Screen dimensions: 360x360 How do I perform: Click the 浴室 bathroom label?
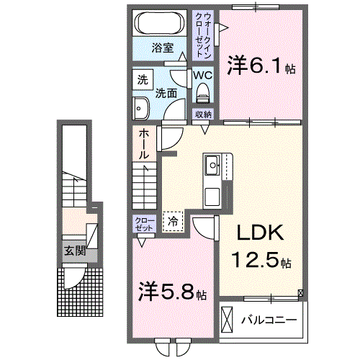pyautogui.click(x=162, y=48)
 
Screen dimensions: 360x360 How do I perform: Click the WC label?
pyautogui.click(x=202, y=75)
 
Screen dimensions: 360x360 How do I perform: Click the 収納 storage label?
pyautogui.click(x=203, y=115)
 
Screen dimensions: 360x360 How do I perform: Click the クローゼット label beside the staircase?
pyautogui.click(x=144, y=223)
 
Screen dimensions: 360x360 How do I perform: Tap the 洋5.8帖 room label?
pyautogui.click(x=173, y=293)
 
